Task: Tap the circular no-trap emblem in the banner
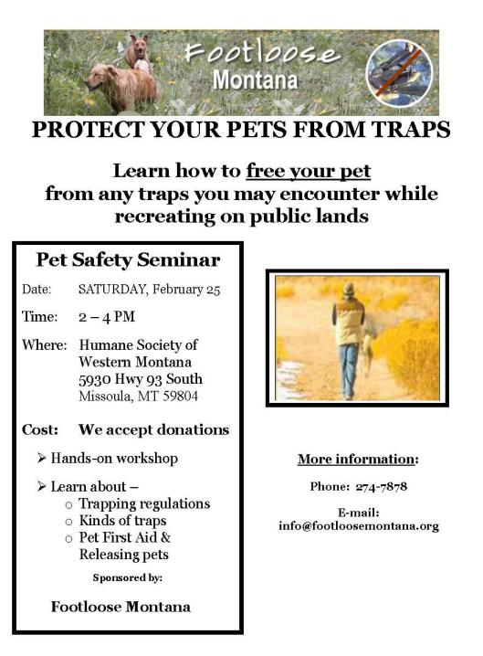(x=399, y=73)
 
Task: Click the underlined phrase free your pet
(x=309, y=171)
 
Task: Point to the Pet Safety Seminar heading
(x=128, y=260)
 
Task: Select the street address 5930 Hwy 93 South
(x=141, y=379)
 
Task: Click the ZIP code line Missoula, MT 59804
(x=138, y=397)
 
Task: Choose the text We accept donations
(x=153, y=429)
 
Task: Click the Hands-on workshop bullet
(x=114, y=458)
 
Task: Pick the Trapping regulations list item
(x=144, y=503)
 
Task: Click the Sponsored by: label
(x=128, y=578)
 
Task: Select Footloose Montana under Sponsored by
(x=121, y=606)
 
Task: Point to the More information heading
(x=357, y=459)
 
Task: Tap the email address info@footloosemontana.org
(x=359, y=525)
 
